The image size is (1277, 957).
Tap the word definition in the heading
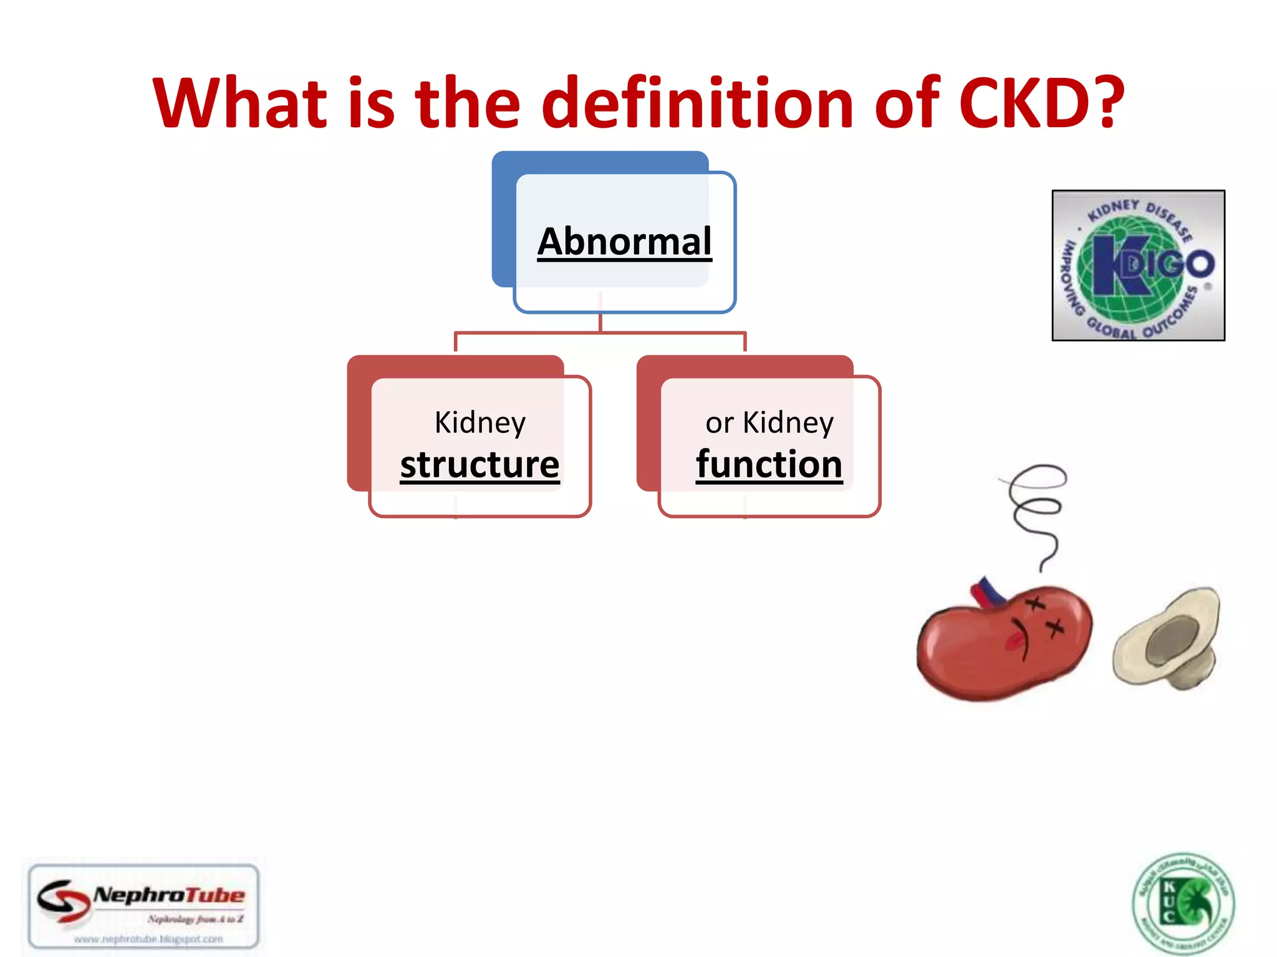coord(697,103)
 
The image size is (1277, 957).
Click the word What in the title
coord(240,103)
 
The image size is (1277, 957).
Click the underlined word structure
coord(479,465)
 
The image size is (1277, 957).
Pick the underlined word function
coord(769,465)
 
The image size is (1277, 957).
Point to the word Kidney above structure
coord(479,423)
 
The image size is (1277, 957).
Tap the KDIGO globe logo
coord(1138,265)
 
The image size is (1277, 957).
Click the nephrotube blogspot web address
coord(148,939)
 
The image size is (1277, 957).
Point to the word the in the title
coord(467,103)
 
